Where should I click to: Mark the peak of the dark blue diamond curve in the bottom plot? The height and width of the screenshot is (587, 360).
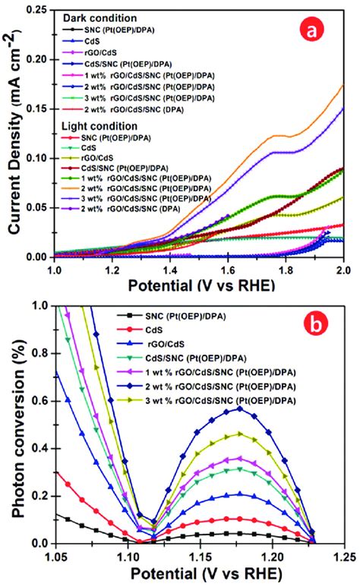coord(240,409)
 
